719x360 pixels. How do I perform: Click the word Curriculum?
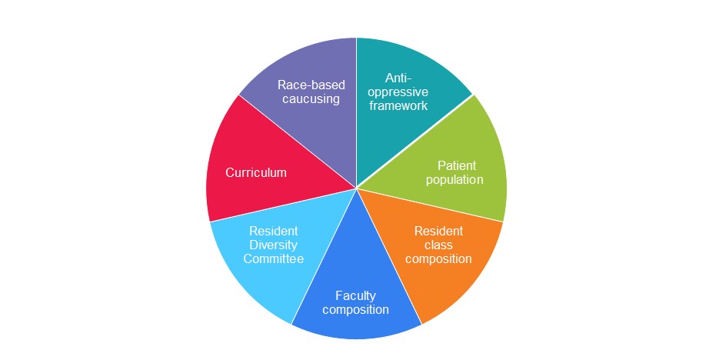pyautogui.click(x=256, y=172)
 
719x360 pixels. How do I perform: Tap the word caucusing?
pyautogui.click(x=311, y=99)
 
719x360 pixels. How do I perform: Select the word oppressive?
pyautogui.click(x=398, y=92)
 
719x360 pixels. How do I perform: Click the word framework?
pyautogui.click(x=398, y=105)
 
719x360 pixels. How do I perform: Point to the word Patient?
pyautogui.click(x=457, y=165)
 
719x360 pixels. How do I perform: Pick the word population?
pyautogui.click(x=454, y=179)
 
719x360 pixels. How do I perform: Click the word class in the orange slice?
pyautogui.click(x=438, y=245)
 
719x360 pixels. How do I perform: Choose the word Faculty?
pyautogui.click(x=355, y=296)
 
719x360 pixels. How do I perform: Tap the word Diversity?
pyautogui.click(x=273, y=245)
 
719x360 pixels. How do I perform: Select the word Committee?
pyautogui.click(x=273, y=258)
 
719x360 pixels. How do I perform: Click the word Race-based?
pyautogui.click(x=311, y=85)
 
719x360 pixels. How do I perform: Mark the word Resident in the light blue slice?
pyautogui.click(x=273, y=231)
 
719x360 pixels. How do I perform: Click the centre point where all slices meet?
pyautogui.click(x=357, y=188)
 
